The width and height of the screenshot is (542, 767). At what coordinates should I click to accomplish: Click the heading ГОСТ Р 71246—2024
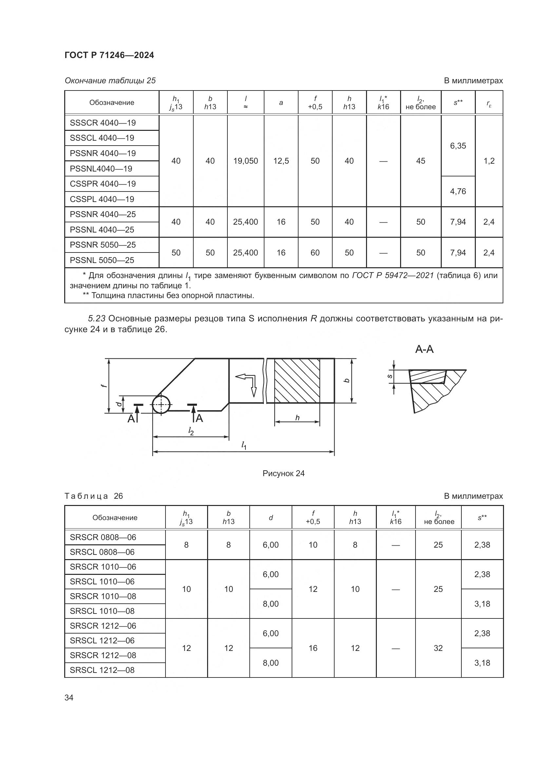pyautogui.click(x=109, y=55)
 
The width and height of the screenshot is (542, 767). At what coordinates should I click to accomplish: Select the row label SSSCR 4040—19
pyautogui.click(x=103, y=123)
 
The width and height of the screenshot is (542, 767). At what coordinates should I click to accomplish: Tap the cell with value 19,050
pyautogui.click(x=245, y=161)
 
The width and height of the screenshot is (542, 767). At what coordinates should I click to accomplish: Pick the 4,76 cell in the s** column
pyautogui.click(x=458, y=192)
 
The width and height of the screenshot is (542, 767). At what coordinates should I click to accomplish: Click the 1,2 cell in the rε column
pyautogui.click(x=489, y=161)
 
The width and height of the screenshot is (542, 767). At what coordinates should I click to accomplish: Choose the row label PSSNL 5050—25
pyautogui.click(x=102, y=260)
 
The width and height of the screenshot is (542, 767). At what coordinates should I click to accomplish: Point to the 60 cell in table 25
pyautogui.click(x=315, y=252)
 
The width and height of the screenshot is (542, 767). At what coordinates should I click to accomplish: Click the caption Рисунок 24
pyautogui.click(x=283, y=474)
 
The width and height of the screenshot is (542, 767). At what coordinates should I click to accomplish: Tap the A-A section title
pyautogui.click(x=424, y=350)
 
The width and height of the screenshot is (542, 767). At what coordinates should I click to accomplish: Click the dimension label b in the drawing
pyautogui.click(x=347, y=380)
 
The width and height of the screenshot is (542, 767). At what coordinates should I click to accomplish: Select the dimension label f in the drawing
pyautogui.click(x=104, y=386)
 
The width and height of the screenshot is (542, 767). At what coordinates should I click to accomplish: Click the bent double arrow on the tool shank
pyautogui.click(x=247, y=384)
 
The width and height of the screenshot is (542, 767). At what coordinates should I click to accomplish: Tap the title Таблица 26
pyautogui.click(x=93, y=496)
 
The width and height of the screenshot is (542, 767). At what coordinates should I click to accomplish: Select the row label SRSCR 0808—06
pyautogui.click(x=103, y=537)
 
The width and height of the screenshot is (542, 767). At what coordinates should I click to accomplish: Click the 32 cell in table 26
pyautogui.click(x=438, y=648)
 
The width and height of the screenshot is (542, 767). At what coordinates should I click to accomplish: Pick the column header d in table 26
pyautogui.click(x=271, y=517)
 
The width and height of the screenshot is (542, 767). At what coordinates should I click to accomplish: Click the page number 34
pyautogui.click(x=69, y=697)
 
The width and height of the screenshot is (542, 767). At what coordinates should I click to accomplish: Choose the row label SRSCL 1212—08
pyautogui.click(x=102, y=670)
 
